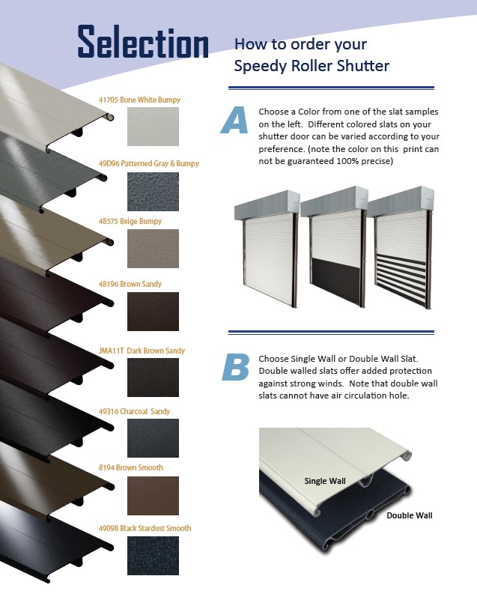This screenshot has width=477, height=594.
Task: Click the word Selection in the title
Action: click(x=143, y=43)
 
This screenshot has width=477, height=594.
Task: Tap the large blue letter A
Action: click(x=234, y=121)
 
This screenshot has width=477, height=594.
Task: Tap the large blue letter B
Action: click(x=235, y=366)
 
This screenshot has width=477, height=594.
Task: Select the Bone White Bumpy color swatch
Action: click(x=153, y=126)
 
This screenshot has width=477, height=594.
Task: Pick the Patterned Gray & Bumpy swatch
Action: click(x=153, y=190)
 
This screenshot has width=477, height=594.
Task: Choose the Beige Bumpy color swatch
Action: click(x=153, y=248)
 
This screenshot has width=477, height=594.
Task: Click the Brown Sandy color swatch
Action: click(x=153, y=311)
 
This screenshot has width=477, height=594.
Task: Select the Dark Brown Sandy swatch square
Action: click(x=153, y=377)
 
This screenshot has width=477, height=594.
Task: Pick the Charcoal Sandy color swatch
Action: click(x=153, y=437)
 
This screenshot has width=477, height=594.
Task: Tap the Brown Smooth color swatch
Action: click(x=153, y=495)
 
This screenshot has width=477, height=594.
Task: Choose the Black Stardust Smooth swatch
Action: click(x=153, y=555)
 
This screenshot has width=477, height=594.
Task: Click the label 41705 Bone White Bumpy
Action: click(x=139, y=100)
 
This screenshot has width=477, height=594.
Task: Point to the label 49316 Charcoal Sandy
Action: click(x=134, y=411)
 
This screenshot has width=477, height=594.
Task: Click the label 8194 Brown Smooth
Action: click(x=130, y=468)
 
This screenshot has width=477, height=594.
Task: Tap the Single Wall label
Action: click(x=325, y=480)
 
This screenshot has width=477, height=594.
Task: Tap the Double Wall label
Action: click(x=409, y=515)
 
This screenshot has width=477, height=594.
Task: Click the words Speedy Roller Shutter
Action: click(x=312, y=66)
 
